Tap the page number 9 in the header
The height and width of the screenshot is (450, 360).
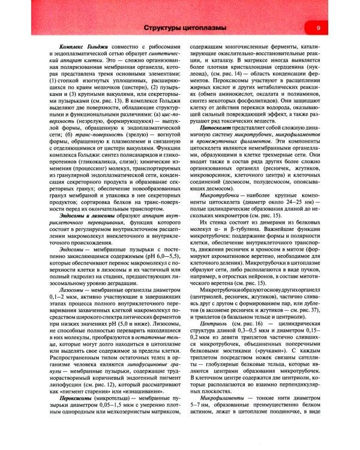(318, 29)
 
